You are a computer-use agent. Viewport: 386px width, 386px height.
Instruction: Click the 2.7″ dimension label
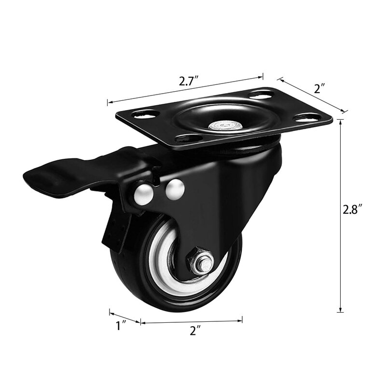189,81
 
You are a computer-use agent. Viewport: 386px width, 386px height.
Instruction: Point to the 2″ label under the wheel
195,331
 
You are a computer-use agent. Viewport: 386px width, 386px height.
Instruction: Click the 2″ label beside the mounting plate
320,88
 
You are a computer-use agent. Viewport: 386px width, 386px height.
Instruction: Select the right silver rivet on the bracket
175,189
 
